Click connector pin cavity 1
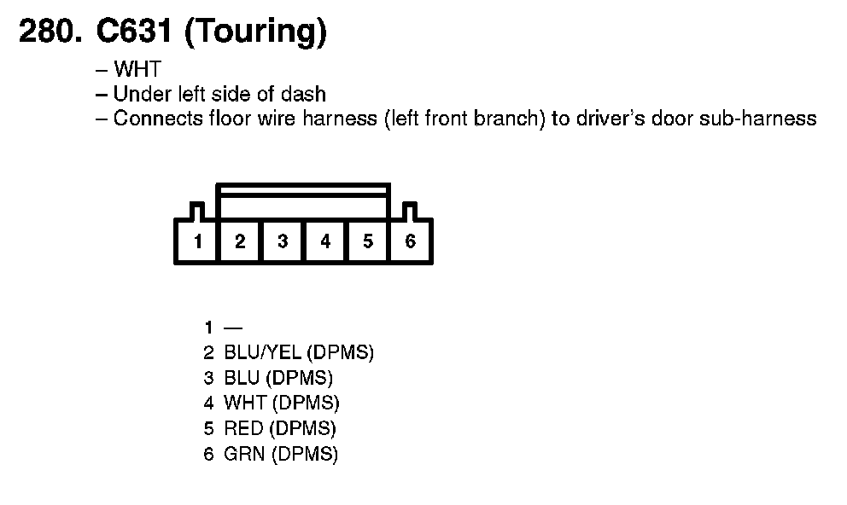197,241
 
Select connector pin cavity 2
240,241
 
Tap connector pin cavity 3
283,241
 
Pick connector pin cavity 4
325,241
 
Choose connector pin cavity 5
368,241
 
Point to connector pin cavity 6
411,241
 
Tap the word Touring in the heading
255,32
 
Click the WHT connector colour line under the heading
137,70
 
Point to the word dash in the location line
307,94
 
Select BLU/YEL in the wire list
263,352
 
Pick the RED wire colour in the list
243,429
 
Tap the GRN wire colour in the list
244,455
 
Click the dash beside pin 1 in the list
233,328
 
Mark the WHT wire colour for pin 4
245,403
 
